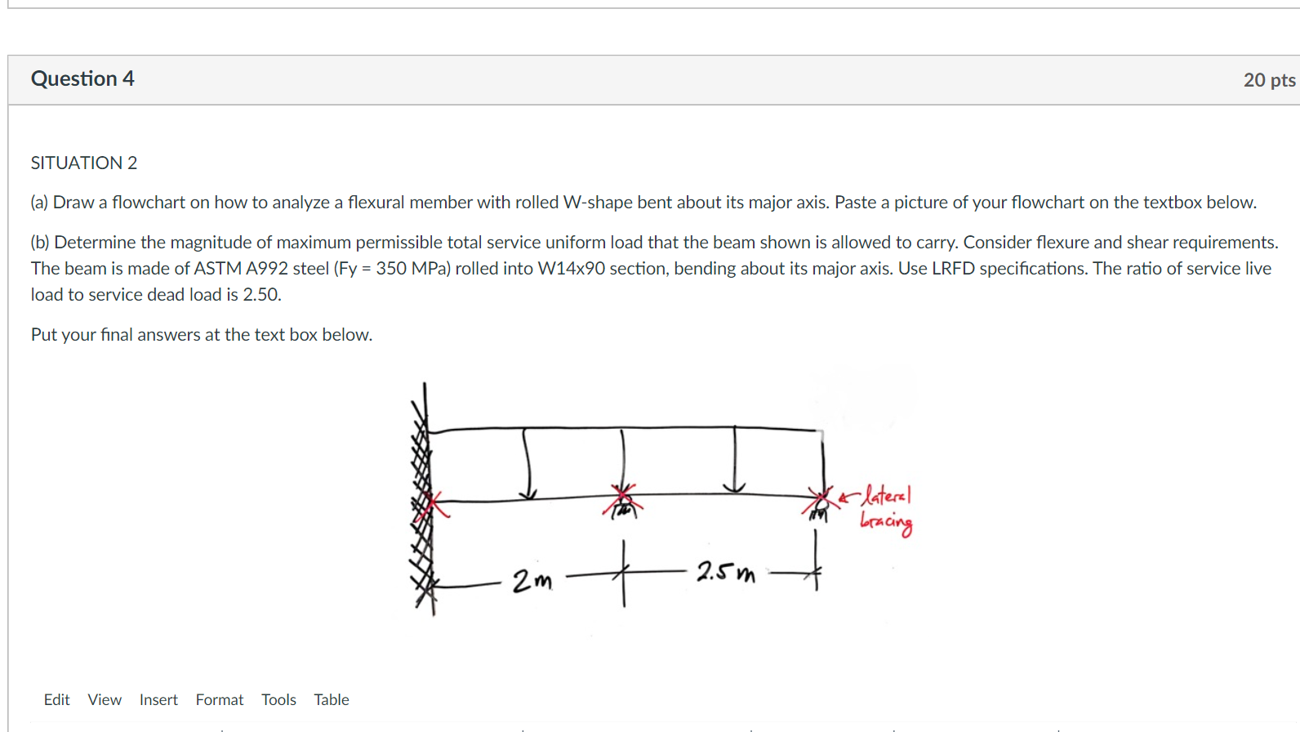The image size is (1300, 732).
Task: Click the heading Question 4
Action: [x=82, y=78]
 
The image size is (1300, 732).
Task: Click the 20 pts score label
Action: [x=1269, y=80]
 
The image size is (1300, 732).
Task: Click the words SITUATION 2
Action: [x=84, y=163]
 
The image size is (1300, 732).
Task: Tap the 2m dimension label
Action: [x=532, y=581]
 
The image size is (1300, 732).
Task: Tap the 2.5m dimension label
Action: [x=725, y=572]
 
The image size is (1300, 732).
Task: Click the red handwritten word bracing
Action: [x=886, y=522]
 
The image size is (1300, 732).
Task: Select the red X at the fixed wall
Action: [x=431, y=505]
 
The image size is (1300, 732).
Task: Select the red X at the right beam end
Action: [x=819, y=498]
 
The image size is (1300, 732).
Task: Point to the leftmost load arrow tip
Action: [x=528, y=495]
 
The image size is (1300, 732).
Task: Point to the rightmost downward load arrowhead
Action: [x=734, y=488]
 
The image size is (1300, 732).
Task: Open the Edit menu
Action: [x=56, y=699]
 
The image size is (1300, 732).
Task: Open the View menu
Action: [x=105, y=699]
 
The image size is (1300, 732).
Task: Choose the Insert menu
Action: [x=158, y=699]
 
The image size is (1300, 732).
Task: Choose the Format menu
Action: [x=219, y=699]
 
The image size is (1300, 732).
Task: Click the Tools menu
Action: [x=278, y=699]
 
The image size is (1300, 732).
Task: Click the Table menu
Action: [x=331, y=699]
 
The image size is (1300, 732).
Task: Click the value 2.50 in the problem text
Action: [x=261, y=294]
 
